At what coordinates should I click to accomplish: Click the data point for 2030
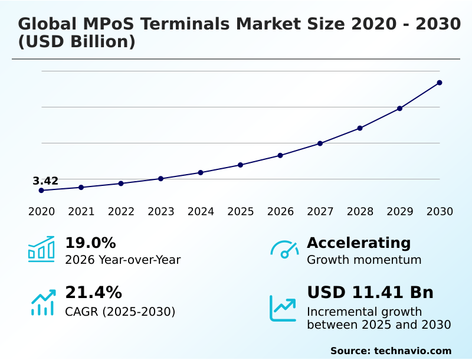pos(440,83)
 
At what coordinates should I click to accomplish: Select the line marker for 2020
pos(41,191)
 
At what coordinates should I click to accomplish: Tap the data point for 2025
pos(241,165)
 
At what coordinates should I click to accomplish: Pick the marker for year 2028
pos(360,128)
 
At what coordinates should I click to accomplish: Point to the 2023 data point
pos(160,178)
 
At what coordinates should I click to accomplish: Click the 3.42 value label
pos(45,181)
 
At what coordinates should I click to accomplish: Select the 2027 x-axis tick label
pos(320,212)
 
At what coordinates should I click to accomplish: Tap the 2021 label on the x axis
pos(81,212)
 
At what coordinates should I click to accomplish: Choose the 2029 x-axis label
pos(399,212)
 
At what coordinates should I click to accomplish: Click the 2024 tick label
pos(201,212)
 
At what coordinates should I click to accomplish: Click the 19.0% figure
pos(90,243)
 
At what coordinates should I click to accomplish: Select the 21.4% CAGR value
pos(93,293)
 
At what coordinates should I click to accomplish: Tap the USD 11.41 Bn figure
pos(370,293)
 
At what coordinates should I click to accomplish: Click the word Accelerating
pos(359,243)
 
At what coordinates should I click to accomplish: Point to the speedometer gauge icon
pos(284,250)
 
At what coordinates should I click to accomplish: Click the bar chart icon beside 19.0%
pos(41,250)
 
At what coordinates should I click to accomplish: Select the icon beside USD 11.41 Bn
pos(283,308)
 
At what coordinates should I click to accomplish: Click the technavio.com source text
pos(412,351)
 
